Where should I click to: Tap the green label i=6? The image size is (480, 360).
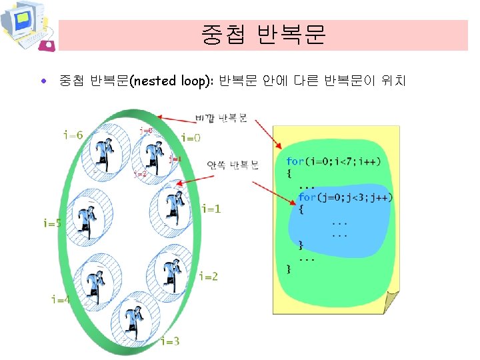pos(73,135)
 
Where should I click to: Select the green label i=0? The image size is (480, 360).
pos(191,138)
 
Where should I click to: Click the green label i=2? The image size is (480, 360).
pos(208,276)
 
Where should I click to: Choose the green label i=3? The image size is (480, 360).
pos(170,342)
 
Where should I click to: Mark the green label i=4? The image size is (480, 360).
pos(61,299)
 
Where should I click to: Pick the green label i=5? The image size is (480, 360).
pos(52,223)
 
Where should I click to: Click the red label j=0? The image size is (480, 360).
pos(146,131)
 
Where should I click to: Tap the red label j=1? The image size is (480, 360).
pos(175,159)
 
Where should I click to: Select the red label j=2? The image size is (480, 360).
pos(140,175)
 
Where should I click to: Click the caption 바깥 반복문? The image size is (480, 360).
pos(221,119)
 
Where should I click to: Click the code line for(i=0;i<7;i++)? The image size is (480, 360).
pos(333,161)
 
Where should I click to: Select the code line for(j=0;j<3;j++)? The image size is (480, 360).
pos(345,197)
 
